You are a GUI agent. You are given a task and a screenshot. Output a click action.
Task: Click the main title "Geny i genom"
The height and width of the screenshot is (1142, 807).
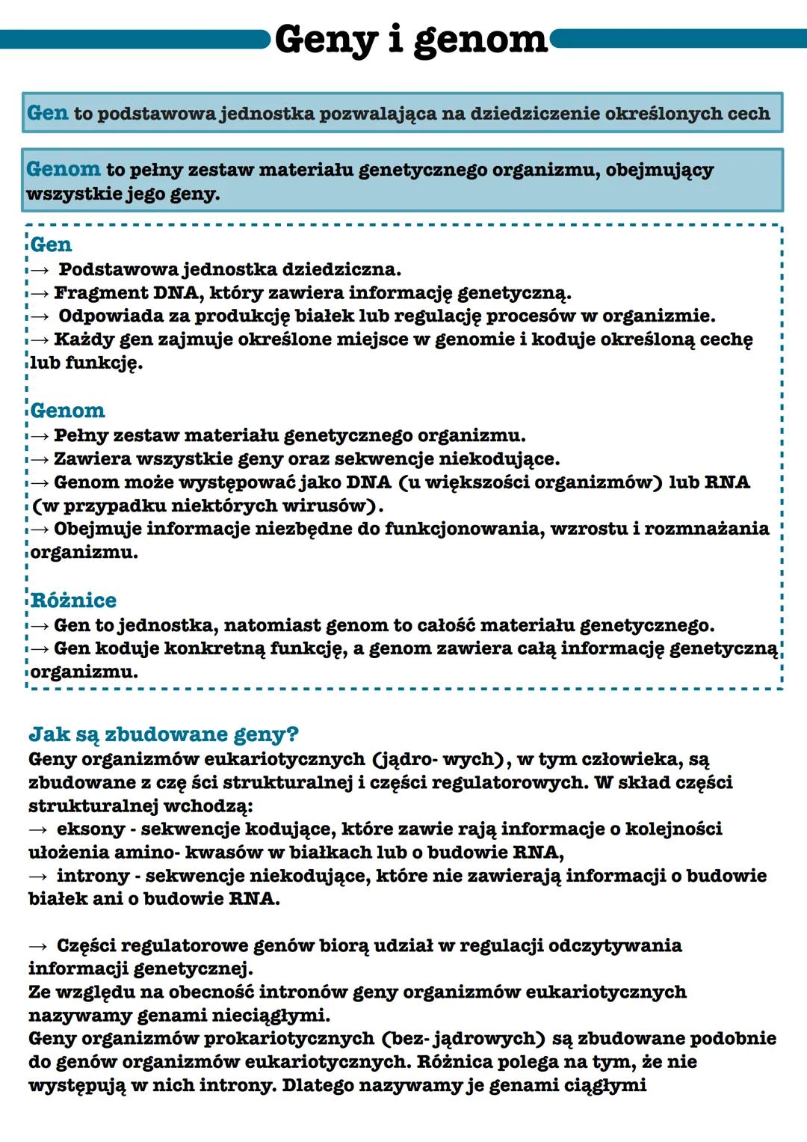pyautogui.click(x=411, y=40)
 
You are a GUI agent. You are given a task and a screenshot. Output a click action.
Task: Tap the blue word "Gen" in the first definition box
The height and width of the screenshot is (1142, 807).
pyautogui.click(x=47, y=113)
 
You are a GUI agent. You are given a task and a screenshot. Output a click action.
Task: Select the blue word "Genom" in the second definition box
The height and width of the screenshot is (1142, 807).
pyautogui.click(x=63, y=170)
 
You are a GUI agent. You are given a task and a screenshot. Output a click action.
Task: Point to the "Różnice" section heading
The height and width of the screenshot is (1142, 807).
pyautogui.click(x=73, y=601)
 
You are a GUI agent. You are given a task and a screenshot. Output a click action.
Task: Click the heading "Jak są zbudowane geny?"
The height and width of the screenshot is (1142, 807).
pyautogui.click(x=163, y=734)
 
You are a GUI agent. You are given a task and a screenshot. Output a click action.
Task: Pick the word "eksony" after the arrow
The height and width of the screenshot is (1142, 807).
pyautogui.click(x=90, y=829)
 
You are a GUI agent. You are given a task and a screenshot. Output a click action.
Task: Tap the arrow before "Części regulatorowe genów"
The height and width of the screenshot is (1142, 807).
pyautogui.click(x=38, y=946)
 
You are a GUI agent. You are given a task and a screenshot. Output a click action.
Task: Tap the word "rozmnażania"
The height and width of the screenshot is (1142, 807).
pyautogui.click(x=706, y=529)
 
